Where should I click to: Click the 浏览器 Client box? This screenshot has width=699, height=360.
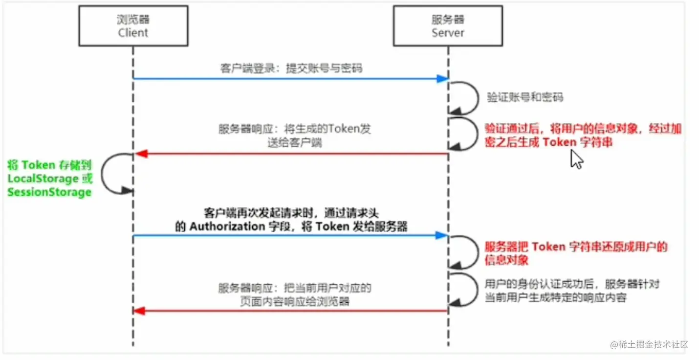(x=133, y=26)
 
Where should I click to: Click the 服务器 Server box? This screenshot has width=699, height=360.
(x=448, y=26)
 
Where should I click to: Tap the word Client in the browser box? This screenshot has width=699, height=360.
(x=133, y=33)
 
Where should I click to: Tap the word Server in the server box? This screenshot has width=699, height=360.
(x=448, y=33)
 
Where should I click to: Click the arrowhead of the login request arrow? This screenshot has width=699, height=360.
(x=442, y=79)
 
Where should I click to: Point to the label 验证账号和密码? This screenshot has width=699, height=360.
(x=524, y=97)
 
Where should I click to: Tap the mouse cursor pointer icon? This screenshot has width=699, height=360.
(x=577, y=160)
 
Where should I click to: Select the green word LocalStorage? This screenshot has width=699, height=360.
(x=43, y=179)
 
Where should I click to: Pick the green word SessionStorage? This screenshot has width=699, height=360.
(x=49, y=192)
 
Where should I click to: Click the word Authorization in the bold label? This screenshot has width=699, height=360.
(x=227, y=226)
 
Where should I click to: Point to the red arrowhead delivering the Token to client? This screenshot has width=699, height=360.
(x=141, y=154)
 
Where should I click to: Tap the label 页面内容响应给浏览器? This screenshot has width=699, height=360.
(x=295, y=301)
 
